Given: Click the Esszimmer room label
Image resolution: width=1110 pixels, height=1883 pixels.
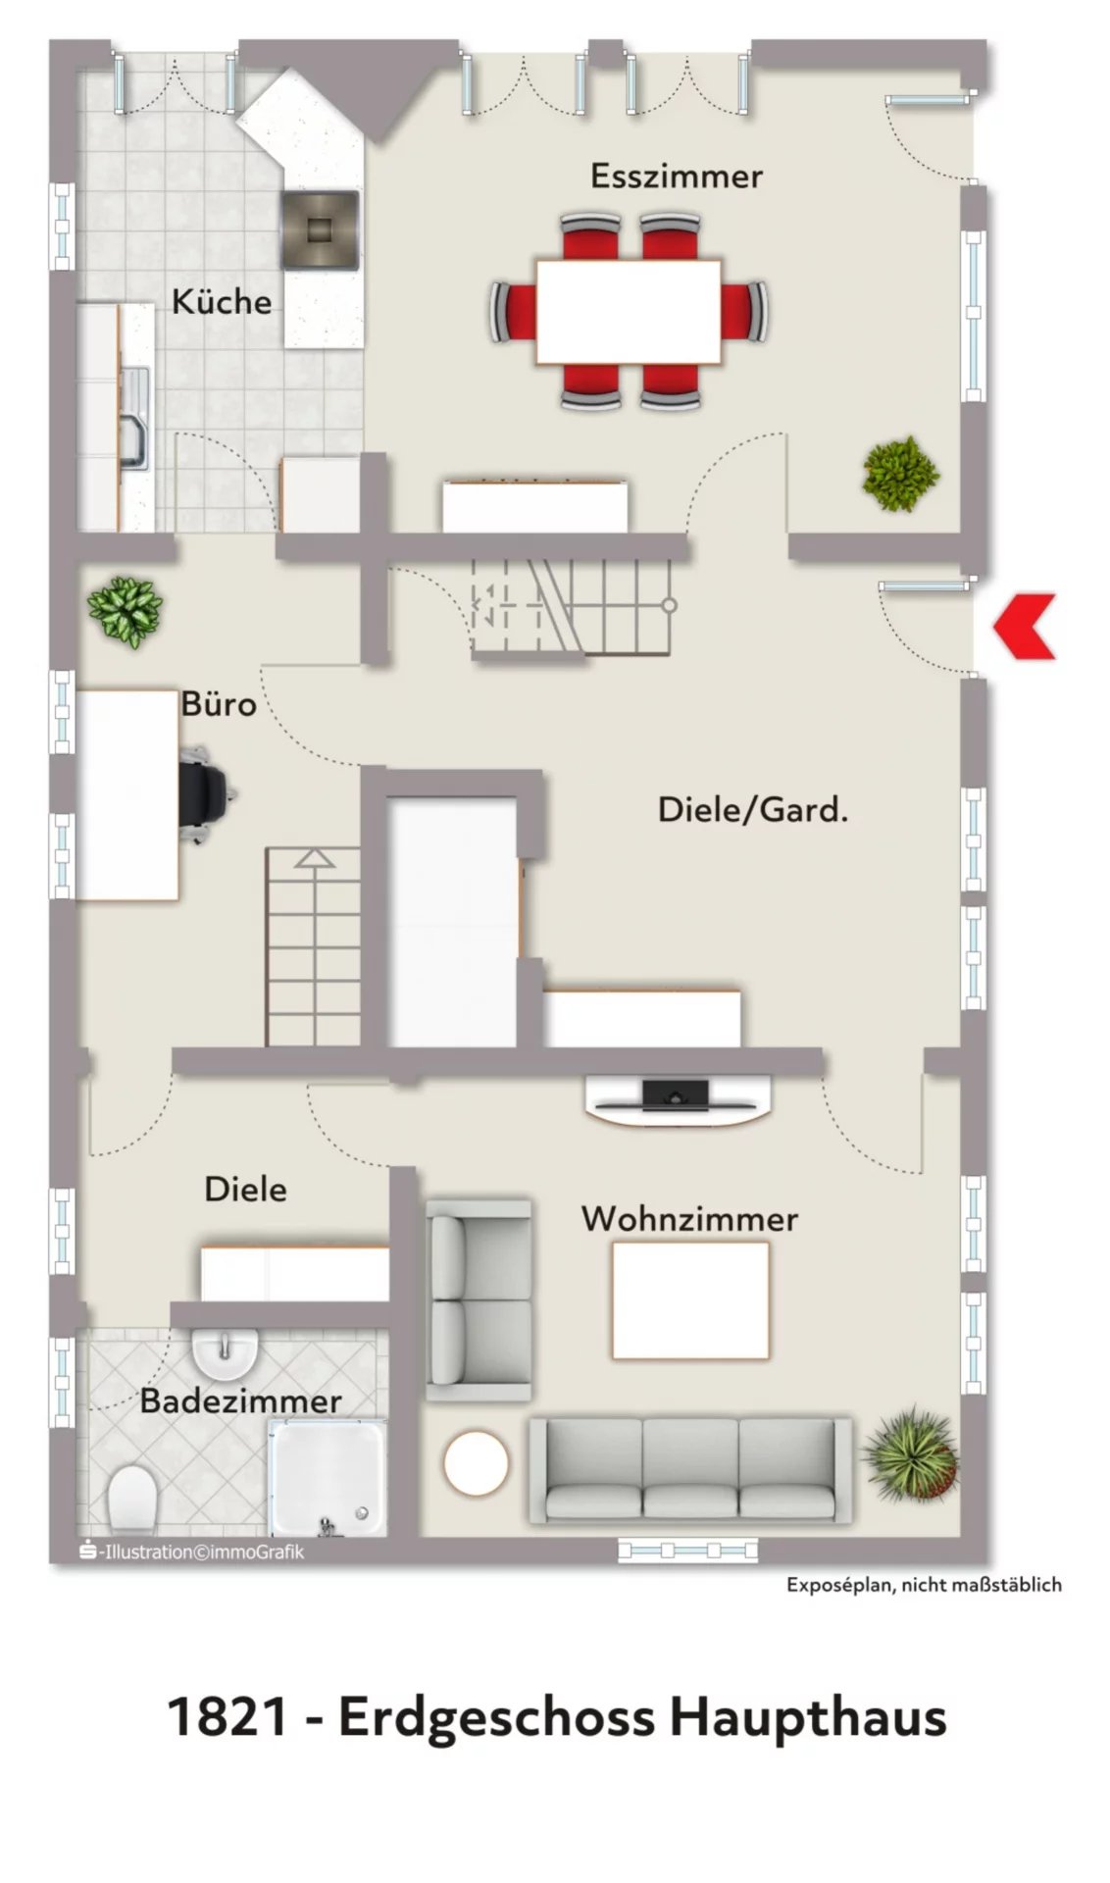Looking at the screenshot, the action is click(x=676, y=176).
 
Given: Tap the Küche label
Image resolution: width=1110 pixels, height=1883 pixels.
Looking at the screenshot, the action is click(x=222, y=301).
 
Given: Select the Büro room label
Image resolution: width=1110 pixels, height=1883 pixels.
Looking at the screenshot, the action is click(x=219, y=703).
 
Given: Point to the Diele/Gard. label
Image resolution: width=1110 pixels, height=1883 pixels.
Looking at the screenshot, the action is click(x=752, y=809).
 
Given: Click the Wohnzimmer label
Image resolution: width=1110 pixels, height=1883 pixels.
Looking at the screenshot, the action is click(x=689, y=1219).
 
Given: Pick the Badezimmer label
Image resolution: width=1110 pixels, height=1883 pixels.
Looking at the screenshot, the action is click(x=240, y=1400).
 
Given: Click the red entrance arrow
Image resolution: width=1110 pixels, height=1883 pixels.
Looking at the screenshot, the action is click(x=1025, y=626).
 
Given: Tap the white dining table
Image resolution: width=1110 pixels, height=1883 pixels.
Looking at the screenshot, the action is click(x=629, y=311).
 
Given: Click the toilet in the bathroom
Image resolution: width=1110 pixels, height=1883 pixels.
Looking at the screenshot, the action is click(x=132, y=1500).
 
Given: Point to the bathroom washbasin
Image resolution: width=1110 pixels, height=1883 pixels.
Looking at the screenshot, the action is click(x=225, y=1353).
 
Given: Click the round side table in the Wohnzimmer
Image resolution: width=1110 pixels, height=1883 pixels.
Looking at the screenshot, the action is click(x=477, y=1463).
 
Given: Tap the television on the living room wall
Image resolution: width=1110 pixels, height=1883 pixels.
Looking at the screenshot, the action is click(x=676, y=1092).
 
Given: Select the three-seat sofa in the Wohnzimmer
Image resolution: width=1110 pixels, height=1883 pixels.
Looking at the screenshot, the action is click(x=690, y=1469).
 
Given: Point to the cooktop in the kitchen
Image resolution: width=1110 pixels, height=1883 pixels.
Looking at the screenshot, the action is click(x=320, y=229).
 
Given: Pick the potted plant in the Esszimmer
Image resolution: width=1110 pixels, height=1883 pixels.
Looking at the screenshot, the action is click(x=899, y=474).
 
